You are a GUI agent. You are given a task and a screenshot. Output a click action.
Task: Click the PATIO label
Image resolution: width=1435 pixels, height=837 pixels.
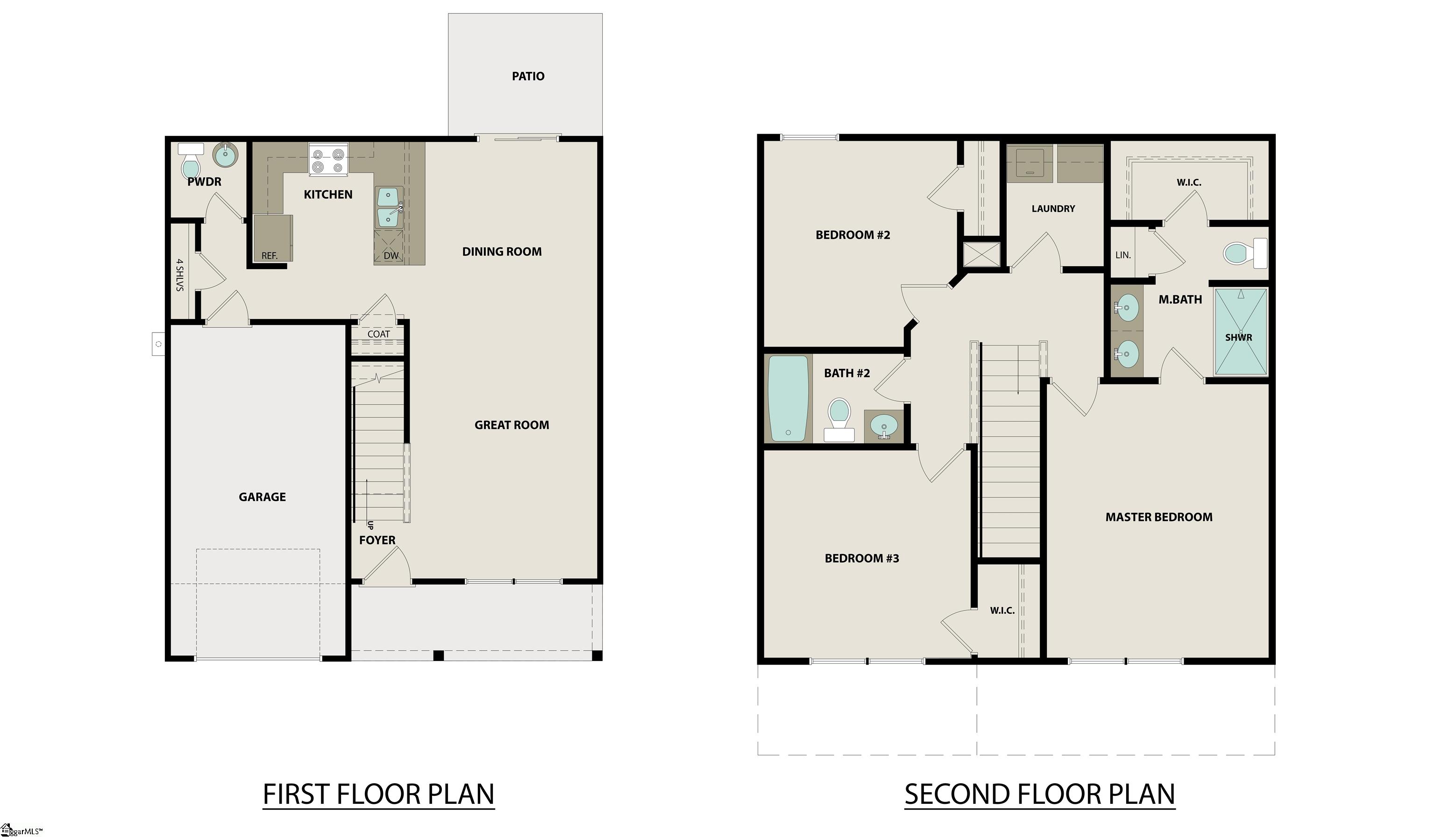[528, 76]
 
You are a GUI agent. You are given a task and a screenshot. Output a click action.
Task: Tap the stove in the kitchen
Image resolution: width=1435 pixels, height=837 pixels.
[328, 159]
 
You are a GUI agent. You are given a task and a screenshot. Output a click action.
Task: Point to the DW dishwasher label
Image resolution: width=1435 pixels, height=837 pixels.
[391, 255]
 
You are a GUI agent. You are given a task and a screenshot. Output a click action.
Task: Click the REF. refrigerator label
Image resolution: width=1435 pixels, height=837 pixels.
[270, 255]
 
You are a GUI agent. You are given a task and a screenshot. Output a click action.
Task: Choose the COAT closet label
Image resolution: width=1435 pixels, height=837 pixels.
[379, 334]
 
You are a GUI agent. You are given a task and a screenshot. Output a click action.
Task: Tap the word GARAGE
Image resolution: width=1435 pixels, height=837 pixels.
[262, 497]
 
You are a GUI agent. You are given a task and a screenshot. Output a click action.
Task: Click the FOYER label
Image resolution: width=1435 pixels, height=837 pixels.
[377, 540]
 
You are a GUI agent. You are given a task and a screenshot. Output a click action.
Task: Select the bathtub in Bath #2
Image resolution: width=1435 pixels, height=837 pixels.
[788, 398]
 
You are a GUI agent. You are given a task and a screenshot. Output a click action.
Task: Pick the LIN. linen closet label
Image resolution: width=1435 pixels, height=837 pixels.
[1123, 255]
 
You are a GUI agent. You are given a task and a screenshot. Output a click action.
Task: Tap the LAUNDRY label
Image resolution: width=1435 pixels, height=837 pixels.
[1053, 209]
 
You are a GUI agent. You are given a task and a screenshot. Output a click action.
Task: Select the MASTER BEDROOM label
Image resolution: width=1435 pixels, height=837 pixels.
[1159, 517]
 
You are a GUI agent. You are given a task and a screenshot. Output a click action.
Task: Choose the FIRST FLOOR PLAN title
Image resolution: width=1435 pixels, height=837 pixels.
[379, 794]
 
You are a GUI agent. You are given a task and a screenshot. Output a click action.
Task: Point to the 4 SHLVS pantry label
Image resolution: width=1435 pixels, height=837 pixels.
[180, 275]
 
